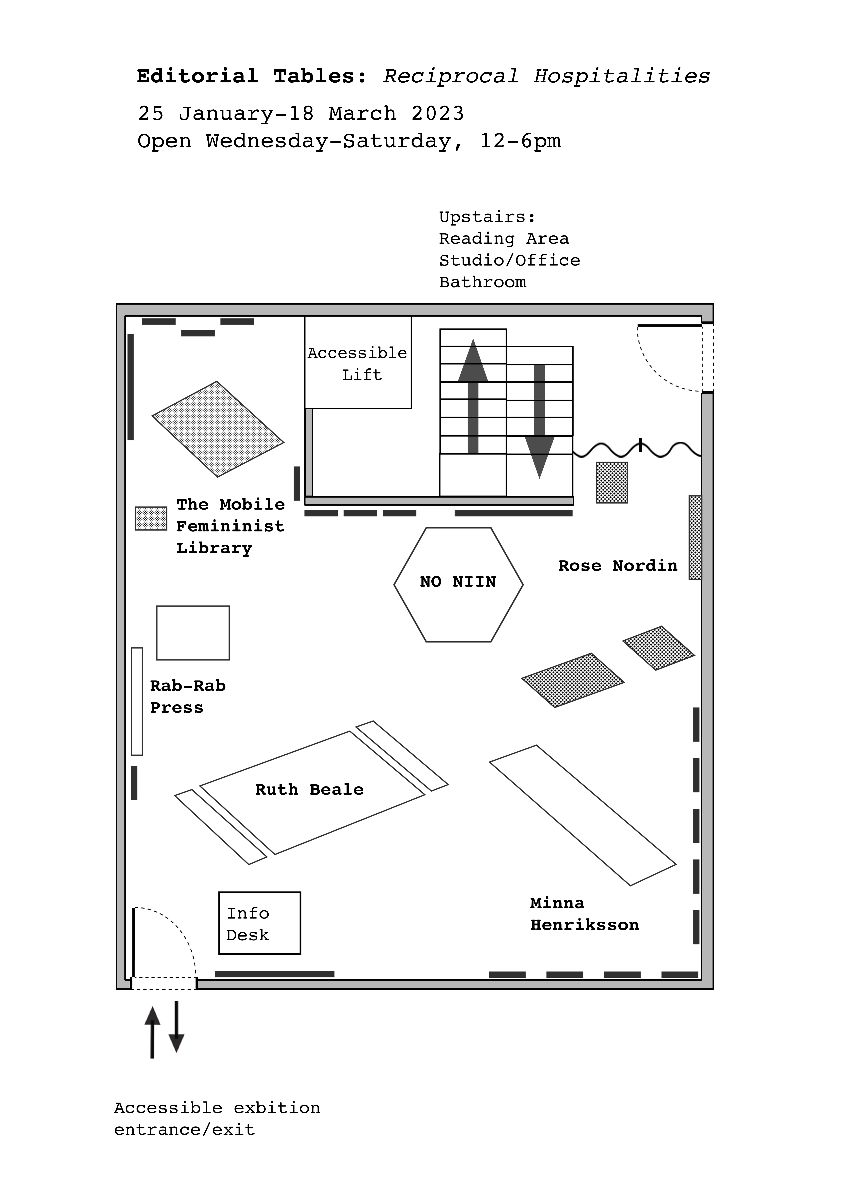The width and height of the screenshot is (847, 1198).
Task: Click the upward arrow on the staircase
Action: point(473,397)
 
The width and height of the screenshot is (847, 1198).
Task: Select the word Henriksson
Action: point(585,925)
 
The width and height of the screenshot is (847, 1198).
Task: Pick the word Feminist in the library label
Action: point(230,527)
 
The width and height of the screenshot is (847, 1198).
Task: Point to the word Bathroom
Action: point(482,282)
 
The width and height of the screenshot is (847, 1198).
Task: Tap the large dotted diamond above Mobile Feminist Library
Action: point(218,429)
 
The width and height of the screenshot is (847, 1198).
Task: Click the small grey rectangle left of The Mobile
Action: point(151,519)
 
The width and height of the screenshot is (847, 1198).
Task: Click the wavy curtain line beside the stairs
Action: point(637,449)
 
